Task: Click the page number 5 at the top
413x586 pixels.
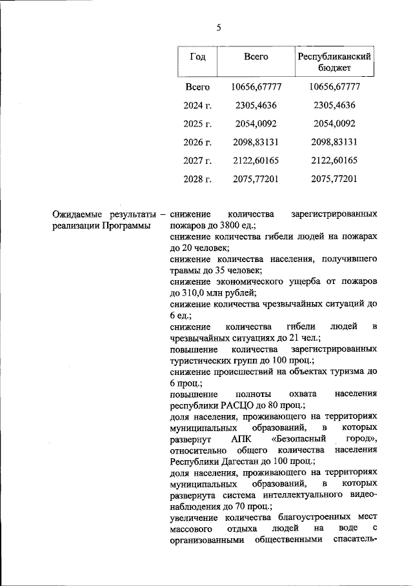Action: [219, 27]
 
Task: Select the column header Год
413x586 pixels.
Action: [198, 57]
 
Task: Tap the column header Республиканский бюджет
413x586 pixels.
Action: [334, 63]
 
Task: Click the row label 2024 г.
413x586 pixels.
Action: [198, 105]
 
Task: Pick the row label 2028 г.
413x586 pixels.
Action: [198, 179]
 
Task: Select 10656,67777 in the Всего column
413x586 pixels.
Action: [256, 86]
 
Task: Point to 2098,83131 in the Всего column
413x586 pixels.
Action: [256, 142]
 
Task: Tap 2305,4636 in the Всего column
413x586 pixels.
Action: [256, 105]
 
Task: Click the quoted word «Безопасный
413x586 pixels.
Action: [299, 439]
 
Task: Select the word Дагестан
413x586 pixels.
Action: [245, 461]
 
